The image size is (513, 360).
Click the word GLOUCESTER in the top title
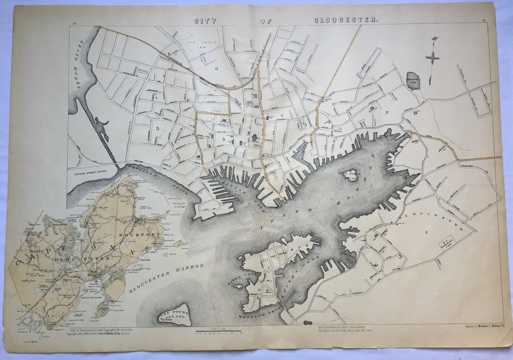[x=346, y=20]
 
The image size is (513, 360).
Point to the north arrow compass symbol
[x=433, y=56]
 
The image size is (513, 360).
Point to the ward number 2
[x=386, y=112]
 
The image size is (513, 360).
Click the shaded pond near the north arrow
[x=413, y=80]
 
